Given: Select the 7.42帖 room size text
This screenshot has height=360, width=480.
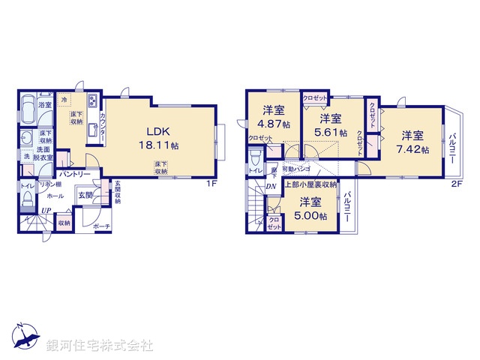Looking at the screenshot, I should coord(414,150).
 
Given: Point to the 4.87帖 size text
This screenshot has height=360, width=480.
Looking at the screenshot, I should coord(274,125).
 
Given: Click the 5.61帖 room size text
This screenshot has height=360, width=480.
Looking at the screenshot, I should coord(331,133).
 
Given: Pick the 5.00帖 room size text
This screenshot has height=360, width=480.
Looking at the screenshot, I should coord(311,215).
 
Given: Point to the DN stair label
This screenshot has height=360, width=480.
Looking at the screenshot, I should coord(271,186).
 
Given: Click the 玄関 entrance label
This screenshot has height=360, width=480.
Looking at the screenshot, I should coord(85,195).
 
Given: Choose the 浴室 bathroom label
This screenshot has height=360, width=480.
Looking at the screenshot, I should coord(45,105).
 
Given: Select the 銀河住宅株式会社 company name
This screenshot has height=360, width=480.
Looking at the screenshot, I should coord(100,346).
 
